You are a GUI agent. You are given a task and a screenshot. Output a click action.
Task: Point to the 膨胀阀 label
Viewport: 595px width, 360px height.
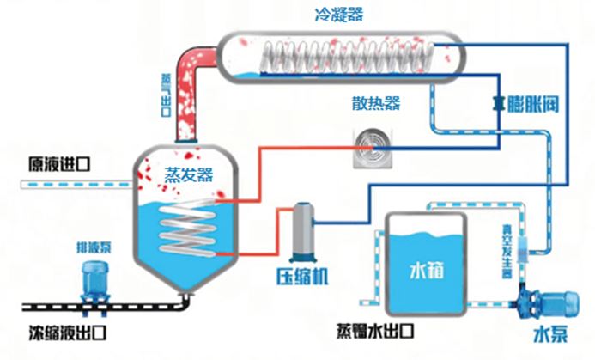[x=538, y=105]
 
